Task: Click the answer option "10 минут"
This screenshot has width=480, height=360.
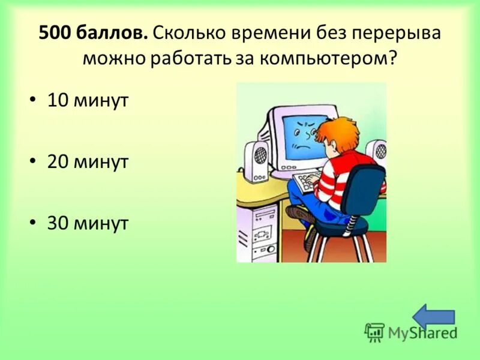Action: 88,101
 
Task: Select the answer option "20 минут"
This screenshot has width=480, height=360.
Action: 88,162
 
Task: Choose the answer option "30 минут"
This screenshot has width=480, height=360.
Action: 88,223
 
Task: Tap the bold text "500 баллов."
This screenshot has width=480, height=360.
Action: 93,34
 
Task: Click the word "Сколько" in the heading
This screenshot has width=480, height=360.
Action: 188,34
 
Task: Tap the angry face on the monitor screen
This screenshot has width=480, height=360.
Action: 301,135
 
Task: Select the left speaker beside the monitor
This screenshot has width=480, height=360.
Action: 259,160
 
